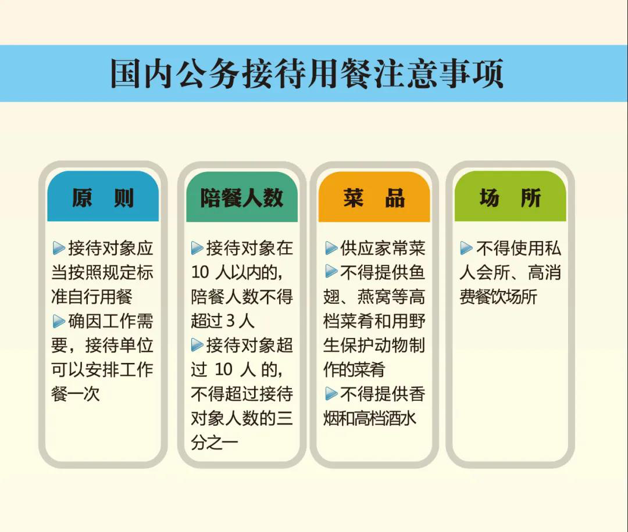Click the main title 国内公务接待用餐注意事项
[306, 74]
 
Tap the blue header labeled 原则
[103, 196]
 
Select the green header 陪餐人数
[242, 197]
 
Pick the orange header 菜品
[374, 197]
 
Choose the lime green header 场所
[511, 196]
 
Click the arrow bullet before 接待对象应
[59, 248]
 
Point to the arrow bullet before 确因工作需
[59, 321]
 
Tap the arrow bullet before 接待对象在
[197, 248]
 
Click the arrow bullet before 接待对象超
[197, 345]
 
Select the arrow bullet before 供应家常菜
[331, 248]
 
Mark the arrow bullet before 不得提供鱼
[331, 271]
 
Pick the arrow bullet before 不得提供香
[331, 394]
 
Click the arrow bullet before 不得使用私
[466, 248]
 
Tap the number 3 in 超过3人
[230, 321]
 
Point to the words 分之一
[215, 443]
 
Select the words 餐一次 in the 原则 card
[75, 394]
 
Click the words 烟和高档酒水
[370, 418]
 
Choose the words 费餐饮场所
[498, 297]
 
